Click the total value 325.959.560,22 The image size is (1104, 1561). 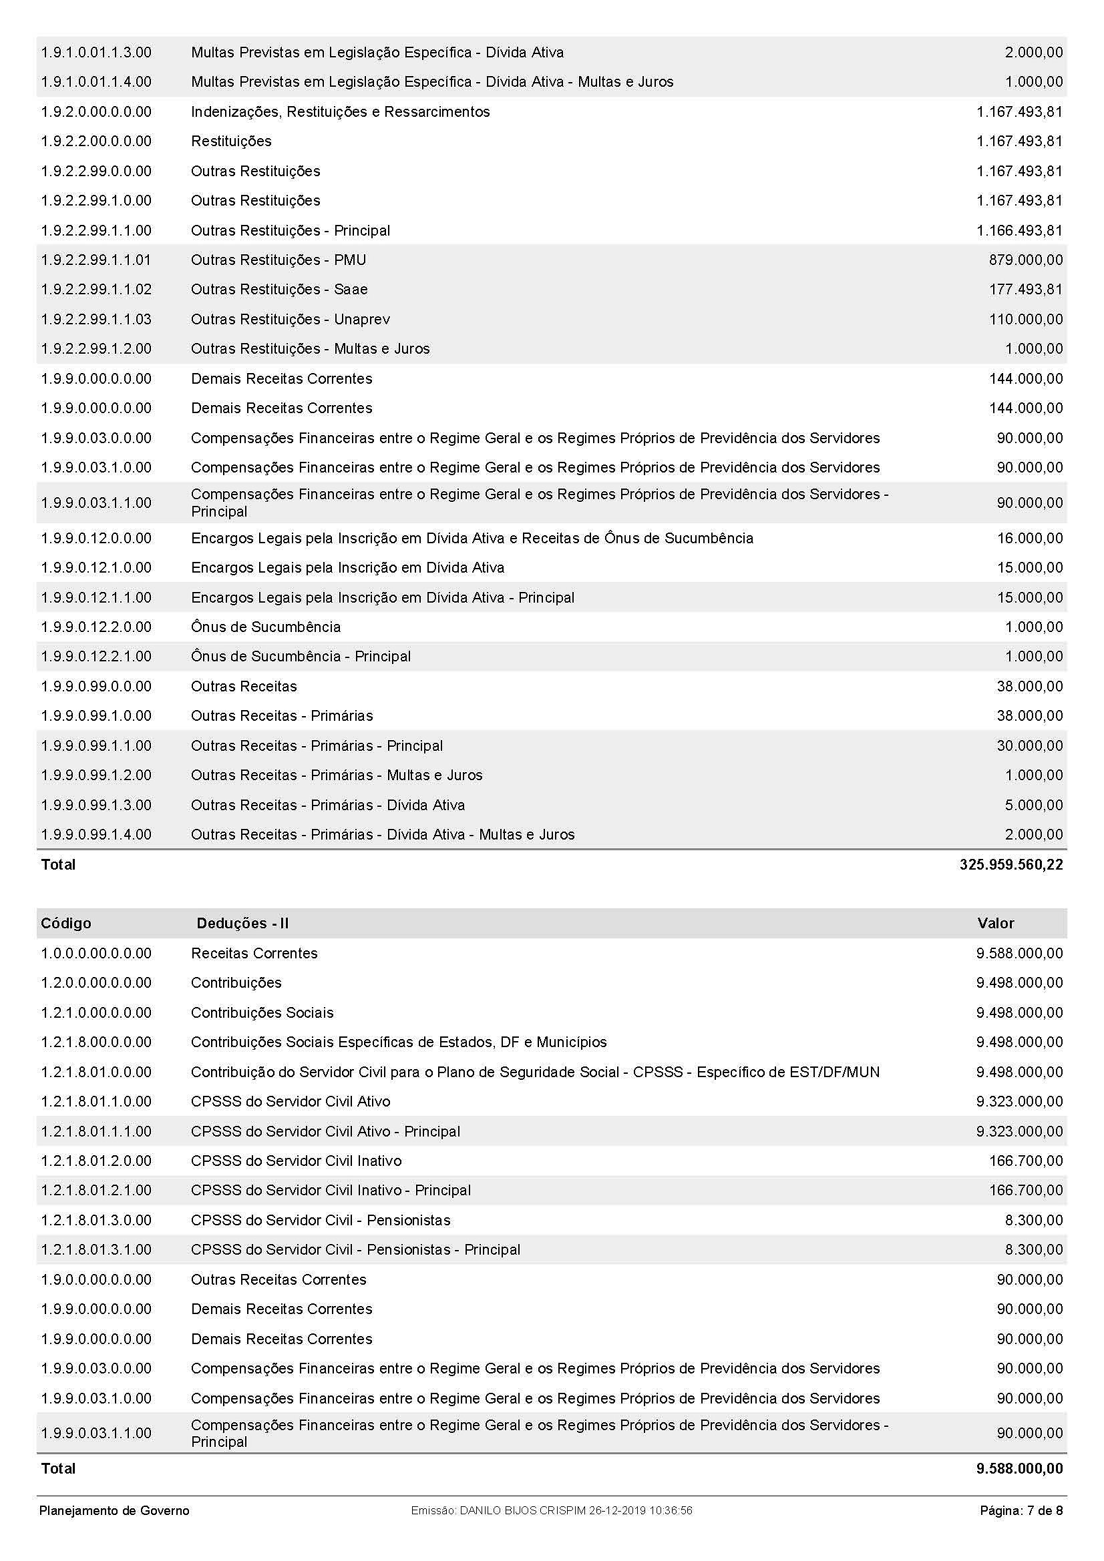1010,864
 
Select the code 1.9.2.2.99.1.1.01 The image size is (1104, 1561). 96,260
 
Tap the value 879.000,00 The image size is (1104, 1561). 1025,260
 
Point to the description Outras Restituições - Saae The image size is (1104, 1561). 279,290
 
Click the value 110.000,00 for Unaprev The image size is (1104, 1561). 1025,320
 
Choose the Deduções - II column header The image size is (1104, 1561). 242,923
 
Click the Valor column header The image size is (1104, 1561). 995,923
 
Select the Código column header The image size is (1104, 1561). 66,923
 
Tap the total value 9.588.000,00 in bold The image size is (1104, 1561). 1019,1468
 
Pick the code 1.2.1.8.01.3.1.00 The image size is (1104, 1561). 96,1249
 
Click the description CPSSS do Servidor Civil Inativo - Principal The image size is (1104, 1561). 331,1191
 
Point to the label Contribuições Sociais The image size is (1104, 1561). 262,1012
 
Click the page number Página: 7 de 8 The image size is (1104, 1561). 1021,1511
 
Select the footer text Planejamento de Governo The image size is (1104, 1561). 114,1511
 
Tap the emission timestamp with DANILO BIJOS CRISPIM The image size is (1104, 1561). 552,1511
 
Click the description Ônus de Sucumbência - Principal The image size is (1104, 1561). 301,657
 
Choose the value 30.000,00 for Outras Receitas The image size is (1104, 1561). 1029,746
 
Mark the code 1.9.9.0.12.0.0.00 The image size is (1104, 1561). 96,539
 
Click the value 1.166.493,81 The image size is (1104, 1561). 1019,230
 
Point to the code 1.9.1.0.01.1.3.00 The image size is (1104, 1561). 96,52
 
